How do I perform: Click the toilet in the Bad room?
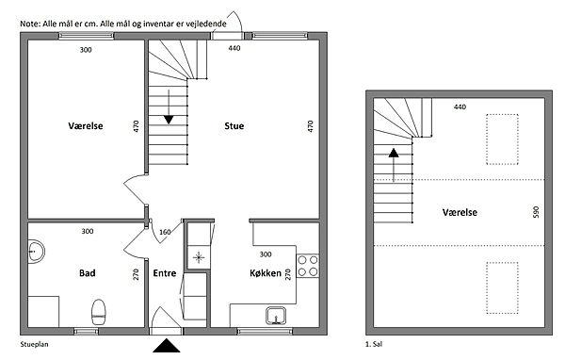(99, 312)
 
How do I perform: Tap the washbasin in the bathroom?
(36, 251)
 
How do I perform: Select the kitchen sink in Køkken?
(276, 316)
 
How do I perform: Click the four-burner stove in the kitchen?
(308, 266)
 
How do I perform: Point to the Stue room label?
(234, 126)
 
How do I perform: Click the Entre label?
(165, 273)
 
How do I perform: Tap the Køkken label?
(266, 273)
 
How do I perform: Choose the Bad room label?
(88, 273)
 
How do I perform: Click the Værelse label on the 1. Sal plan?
(460, 212)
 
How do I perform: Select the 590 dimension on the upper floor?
(536, 212)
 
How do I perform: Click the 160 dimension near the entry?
(165, 232)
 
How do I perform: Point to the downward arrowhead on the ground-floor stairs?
(169, 120)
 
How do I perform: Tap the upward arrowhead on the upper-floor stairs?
(394, 153)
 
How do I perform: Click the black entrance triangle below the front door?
(166, 346)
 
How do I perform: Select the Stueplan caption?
(34, 345)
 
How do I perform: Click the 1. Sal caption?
(374, 344)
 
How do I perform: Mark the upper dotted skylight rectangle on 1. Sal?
(502, 139)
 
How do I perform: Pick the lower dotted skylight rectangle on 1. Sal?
(502, 287)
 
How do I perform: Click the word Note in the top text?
(29, 25)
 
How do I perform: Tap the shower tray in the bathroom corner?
(43, 312)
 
